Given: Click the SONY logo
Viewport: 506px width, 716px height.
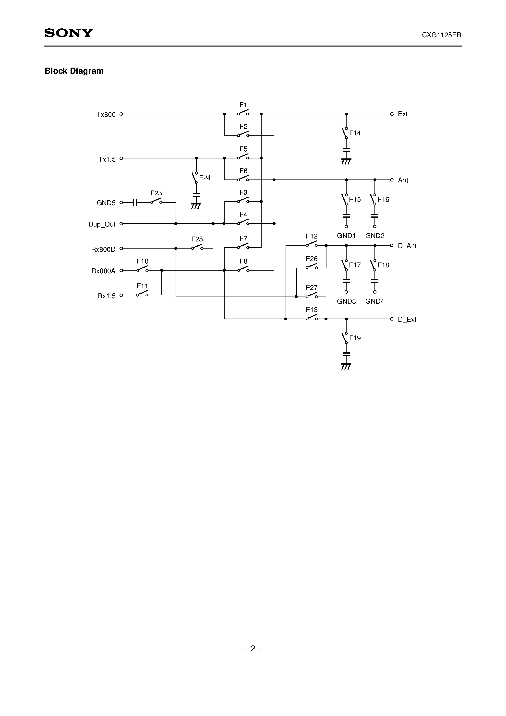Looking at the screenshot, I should (x=69, y=33).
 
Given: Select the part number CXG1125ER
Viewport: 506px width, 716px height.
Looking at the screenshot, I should (x=441, y=35).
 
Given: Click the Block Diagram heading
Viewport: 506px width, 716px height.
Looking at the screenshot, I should (x=74, y=71).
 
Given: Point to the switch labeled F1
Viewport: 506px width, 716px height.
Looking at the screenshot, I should (x=243, y=113).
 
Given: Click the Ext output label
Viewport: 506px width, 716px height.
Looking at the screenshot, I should (x=402, y=114).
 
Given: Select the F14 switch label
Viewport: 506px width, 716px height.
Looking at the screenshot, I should (x=355, y=133).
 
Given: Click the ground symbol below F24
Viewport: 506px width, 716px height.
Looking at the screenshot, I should (x=196, y=206).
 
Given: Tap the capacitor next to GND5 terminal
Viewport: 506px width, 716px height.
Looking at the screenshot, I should (x=135, y=203).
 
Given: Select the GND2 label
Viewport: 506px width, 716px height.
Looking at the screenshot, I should (x=375, y=236).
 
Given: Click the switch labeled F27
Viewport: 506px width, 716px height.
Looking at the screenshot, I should (x=311, y=295).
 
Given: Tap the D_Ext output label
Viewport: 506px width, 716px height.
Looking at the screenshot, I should (x=407, y=320).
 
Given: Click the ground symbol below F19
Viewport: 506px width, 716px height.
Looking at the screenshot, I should (x=346, y=366).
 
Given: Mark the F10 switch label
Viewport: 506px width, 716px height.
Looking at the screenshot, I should (x=142, y=261).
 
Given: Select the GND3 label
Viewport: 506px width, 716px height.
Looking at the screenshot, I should (x=346, y=301).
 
